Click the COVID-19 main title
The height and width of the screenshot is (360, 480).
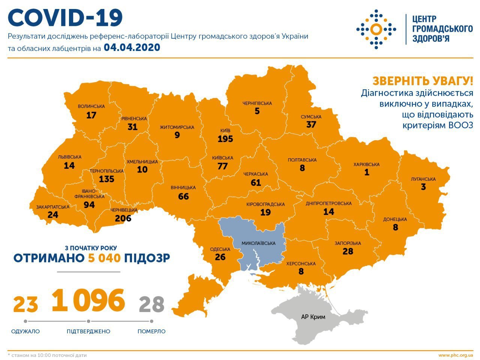point(65,18)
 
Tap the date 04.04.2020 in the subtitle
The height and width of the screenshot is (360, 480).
point(132,48)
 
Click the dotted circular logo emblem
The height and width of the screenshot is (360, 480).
point(376,29)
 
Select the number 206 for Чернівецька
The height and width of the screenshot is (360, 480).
point(123,218)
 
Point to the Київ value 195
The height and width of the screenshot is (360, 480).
point(225,139)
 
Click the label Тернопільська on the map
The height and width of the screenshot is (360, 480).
point(106,171)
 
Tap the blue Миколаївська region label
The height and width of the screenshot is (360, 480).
point(258,243)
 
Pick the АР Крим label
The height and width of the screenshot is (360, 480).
point(313,317)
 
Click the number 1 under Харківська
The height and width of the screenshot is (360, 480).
point(366,172)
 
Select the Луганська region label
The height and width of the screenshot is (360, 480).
point(423,179)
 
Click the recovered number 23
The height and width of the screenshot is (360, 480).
point(25,304)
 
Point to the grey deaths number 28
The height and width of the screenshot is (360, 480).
point(151,304)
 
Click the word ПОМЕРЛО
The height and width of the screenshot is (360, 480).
point(151,331)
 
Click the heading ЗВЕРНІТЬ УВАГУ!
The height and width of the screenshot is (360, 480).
point(423,81)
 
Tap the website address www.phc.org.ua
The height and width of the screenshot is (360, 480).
point(455,355)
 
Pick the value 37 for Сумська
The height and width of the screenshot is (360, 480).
point(311,124)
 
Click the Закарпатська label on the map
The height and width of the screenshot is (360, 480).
point(53,207)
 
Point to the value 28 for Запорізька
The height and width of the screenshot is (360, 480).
point(348,251)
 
